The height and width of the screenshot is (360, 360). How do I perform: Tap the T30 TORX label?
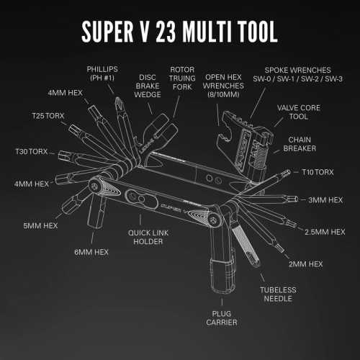30,151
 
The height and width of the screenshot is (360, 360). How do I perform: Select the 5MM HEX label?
40,225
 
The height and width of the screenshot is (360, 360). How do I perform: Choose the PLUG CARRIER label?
220,317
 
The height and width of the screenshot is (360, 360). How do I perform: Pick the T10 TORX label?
318,173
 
